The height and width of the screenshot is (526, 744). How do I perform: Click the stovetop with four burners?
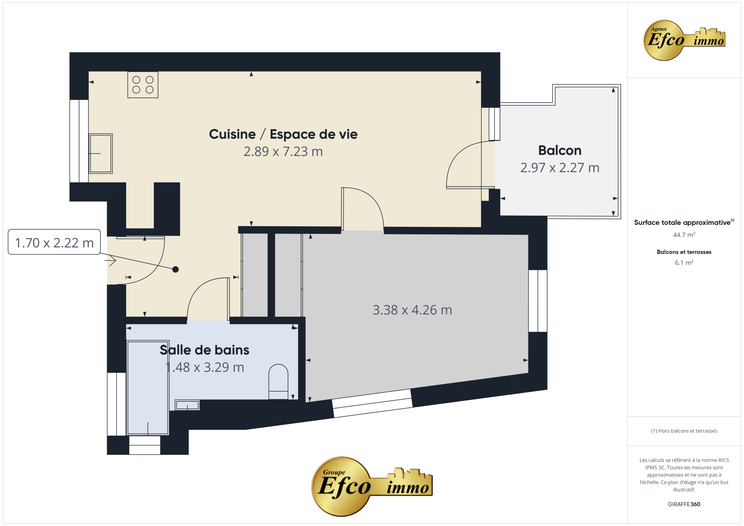[143, 85]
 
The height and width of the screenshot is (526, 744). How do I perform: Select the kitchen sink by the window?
[101, 153]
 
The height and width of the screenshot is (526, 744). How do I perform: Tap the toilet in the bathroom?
[278, 382]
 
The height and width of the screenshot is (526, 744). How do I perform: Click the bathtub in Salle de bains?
[148, 388]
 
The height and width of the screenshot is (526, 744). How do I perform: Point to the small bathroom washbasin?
[187, 405]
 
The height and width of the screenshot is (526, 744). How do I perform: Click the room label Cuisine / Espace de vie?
[283, 134]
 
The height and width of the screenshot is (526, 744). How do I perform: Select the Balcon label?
[560, 150]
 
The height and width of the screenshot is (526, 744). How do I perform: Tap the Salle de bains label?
[205, 350]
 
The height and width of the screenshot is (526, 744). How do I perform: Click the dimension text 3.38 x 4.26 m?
[412, 310]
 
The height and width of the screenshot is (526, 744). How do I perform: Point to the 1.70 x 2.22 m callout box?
[54, 242]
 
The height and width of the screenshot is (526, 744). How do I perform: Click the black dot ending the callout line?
[175, 269]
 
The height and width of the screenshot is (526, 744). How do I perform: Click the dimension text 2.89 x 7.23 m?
[283, 151]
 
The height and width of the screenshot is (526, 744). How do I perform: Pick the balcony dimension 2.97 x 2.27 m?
[560, 167]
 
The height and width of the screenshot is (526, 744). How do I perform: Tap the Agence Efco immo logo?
[684, 40]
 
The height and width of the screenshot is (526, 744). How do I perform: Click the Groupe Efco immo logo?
[372, 486]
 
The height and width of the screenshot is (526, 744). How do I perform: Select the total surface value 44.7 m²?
[684, 235]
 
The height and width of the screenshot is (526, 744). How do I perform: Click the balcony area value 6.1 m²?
[684, 263]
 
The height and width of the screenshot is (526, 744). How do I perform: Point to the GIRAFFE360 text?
[684, 504]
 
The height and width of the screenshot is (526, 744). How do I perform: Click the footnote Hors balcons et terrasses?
[684, 431]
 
